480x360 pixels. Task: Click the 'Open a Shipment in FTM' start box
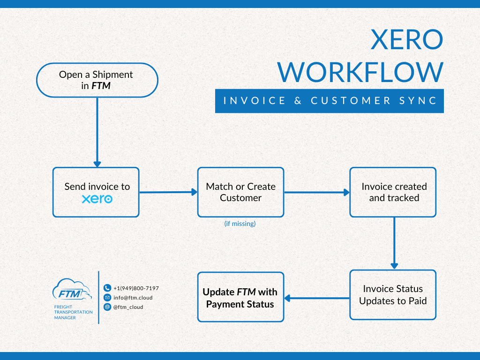[97, 80]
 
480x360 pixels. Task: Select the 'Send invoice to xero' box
[96, 192]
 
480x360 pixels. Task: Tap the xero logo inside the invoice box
[97, 199]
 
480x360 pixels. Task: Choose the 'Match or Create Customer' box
[240, 192]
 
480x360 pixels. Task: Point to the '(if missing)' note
[240, 224]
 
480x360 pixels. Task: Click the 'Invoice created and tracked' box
[393, 192]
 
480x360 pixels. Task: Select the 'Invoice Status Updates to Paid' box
[393, 295]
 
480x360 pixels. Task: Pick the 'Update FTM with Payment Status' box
[240, 297]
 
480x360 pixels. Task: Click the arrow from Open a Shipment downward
[97, 131]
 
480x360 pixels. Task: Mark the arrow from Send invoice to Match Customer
[168, 192]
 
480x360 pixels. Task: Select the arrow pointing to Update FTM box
[317, 298]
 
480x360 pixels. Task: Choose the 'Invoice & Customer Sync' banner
[329, 100]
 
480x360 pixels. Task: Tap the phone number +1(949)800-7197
[136, 288]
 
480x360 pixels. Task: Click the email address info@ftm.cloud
[133, 298]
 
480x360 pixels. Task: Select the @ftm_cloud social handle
[128, 307]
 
